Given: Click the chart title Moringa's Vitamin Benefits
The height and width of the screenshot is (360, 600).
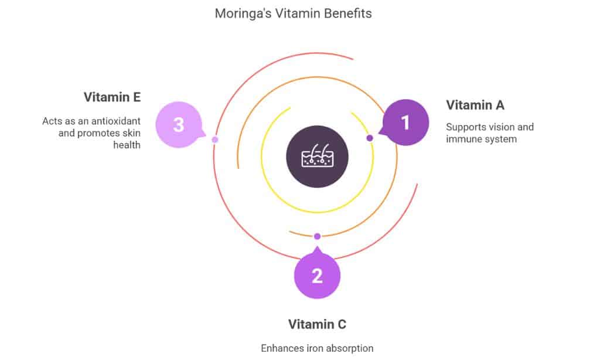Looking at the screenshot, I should pyautogui.click(x=293, y=13).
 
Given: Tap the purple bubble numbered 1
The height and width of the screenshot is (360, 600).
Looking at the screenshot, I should pyautogui.click(x=405, y=123).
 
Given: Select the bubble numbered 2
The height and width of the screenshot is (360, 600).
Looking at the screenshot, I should pyautogui.click(x=317, y=275).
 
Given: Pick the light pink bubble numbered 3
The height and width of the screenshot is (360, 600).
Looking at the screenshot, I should pyautogui.click(x=179, y=125).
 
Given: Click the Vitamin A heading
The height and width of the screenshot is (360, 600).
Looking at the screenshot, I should pyautogui.click(x=475, y=105).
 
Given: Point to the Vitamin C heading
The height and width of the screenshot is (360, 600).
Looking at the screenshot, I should pyautogui.click(x=317, y=324).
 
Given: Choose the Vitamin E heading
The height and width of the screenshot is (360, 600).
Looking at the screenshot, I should pyautogui.click(x=112, y=97).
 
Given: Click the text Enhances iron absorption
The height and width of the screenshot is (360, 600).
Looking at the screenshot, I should pyautogui.click(x=317, y=348).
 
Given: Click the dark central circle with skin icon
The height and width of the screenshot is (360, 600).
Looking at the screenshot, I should pyautogui.click(x=317, y=158).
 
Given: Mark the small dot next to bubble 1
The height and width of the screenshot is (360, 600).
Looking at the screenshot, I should pyautogui.click(x=370, y=138).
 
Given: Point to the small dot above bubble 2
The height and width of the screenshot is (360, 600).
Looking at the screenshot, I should pyautogui.click(x=317, y=236).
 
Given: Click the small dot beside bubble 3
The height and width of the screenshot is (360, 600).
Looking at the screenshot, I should pyautogui.click(x=215, y=140).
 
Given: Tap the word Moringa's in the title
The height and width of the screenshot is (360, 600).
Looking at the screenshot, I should pyautogui.click(x=240, y=13).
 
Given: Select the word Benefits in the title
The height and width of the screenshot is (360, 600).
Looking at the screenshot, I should pyautogui.click(x=349, y=13).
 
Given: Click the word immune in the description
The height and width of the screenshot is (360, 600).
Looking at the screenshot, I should pyautogui.click(x=462, y=139).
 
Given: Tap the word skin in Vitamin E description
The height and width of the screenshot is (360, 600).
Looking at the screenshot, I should pyautogui.click(x=129, y=133).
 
